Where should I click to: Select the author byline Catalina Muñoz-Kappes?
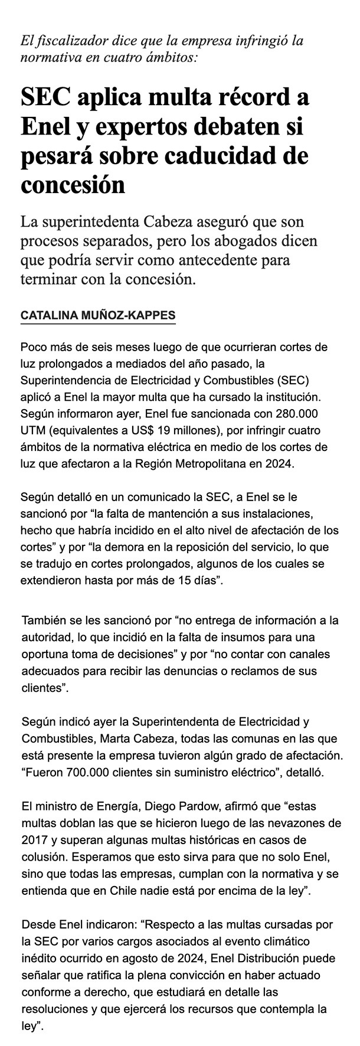(x=98, y=316)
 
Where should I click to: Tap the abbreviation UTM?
(x=32, y=428)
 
